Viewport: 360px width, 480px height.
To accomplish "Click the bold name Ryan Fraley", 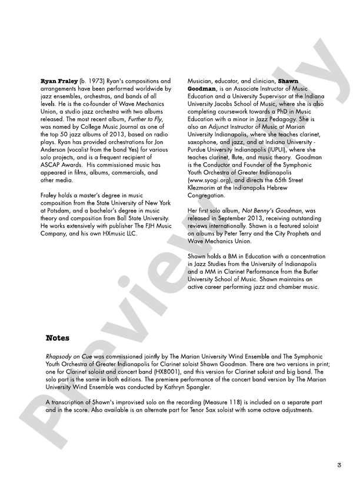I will tap(61, 81).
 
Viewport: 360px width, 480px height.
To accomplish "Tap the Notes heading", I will tap(58, 338).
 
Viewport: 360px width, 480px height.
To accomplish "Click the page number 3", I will tap(339, 465).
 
